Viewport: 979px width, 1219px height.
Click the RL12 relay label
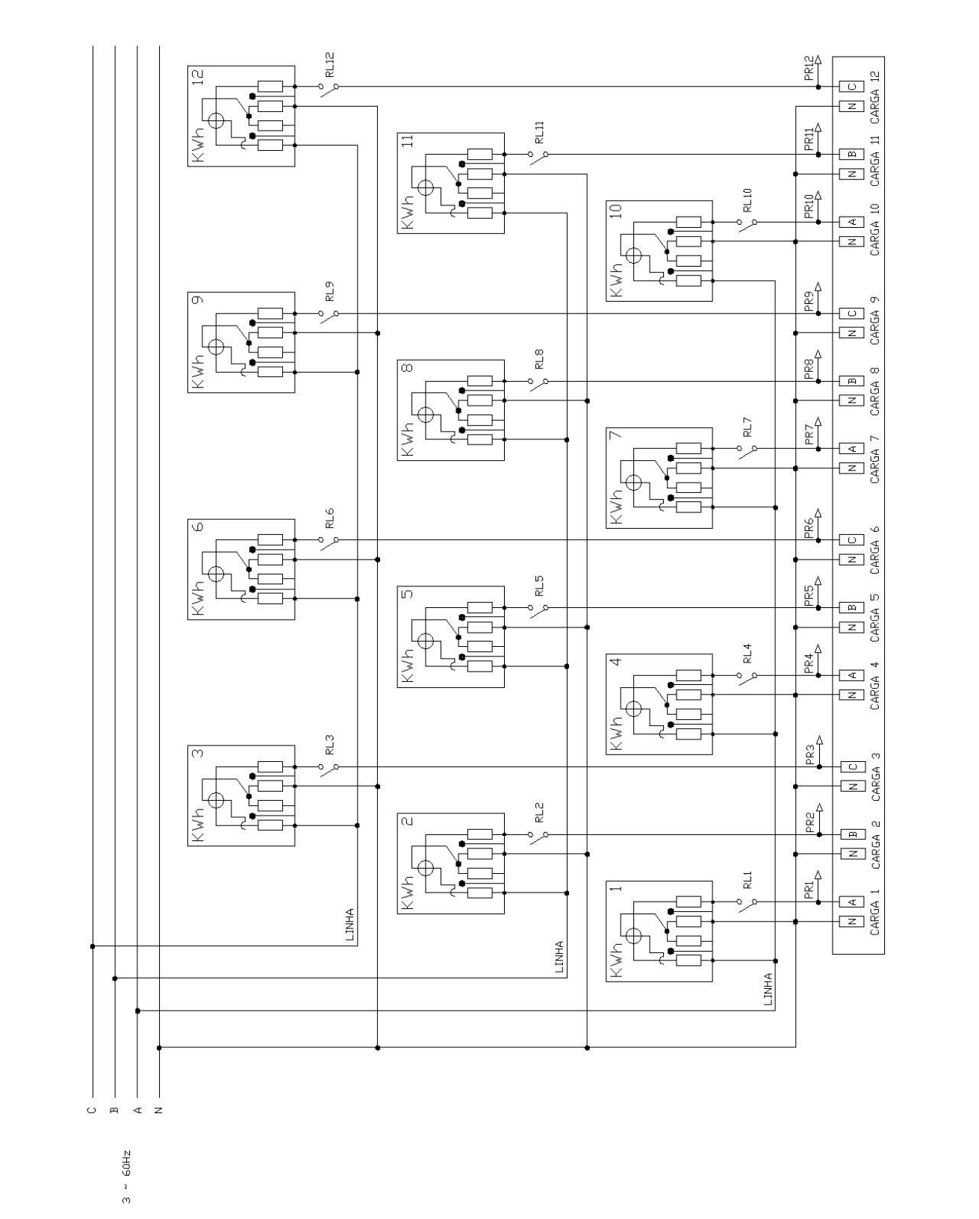pyautogui.click(x=330, y=64)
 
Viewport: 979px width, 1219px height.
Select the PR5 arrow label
pyautogui.click(x=809, y=595)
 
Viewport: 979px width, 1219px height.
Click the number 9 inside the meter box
pyautogui.click(x=198, y=300)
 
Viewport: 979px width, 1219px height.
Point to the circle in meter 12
pyautogui.click(x=217, y=121)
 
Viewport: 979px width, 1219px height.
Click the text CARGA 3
pyautogui.click(x=875, y=776)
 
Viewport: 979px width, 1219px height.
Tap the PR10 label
pyautogui.click(x=809, y=206)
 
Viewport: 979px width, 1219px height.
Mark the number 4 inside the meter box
pyautogui.click(x=617, y=661)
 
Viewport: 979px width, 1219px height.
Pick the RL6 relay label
pyautogui.click(x=330, y=518)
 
